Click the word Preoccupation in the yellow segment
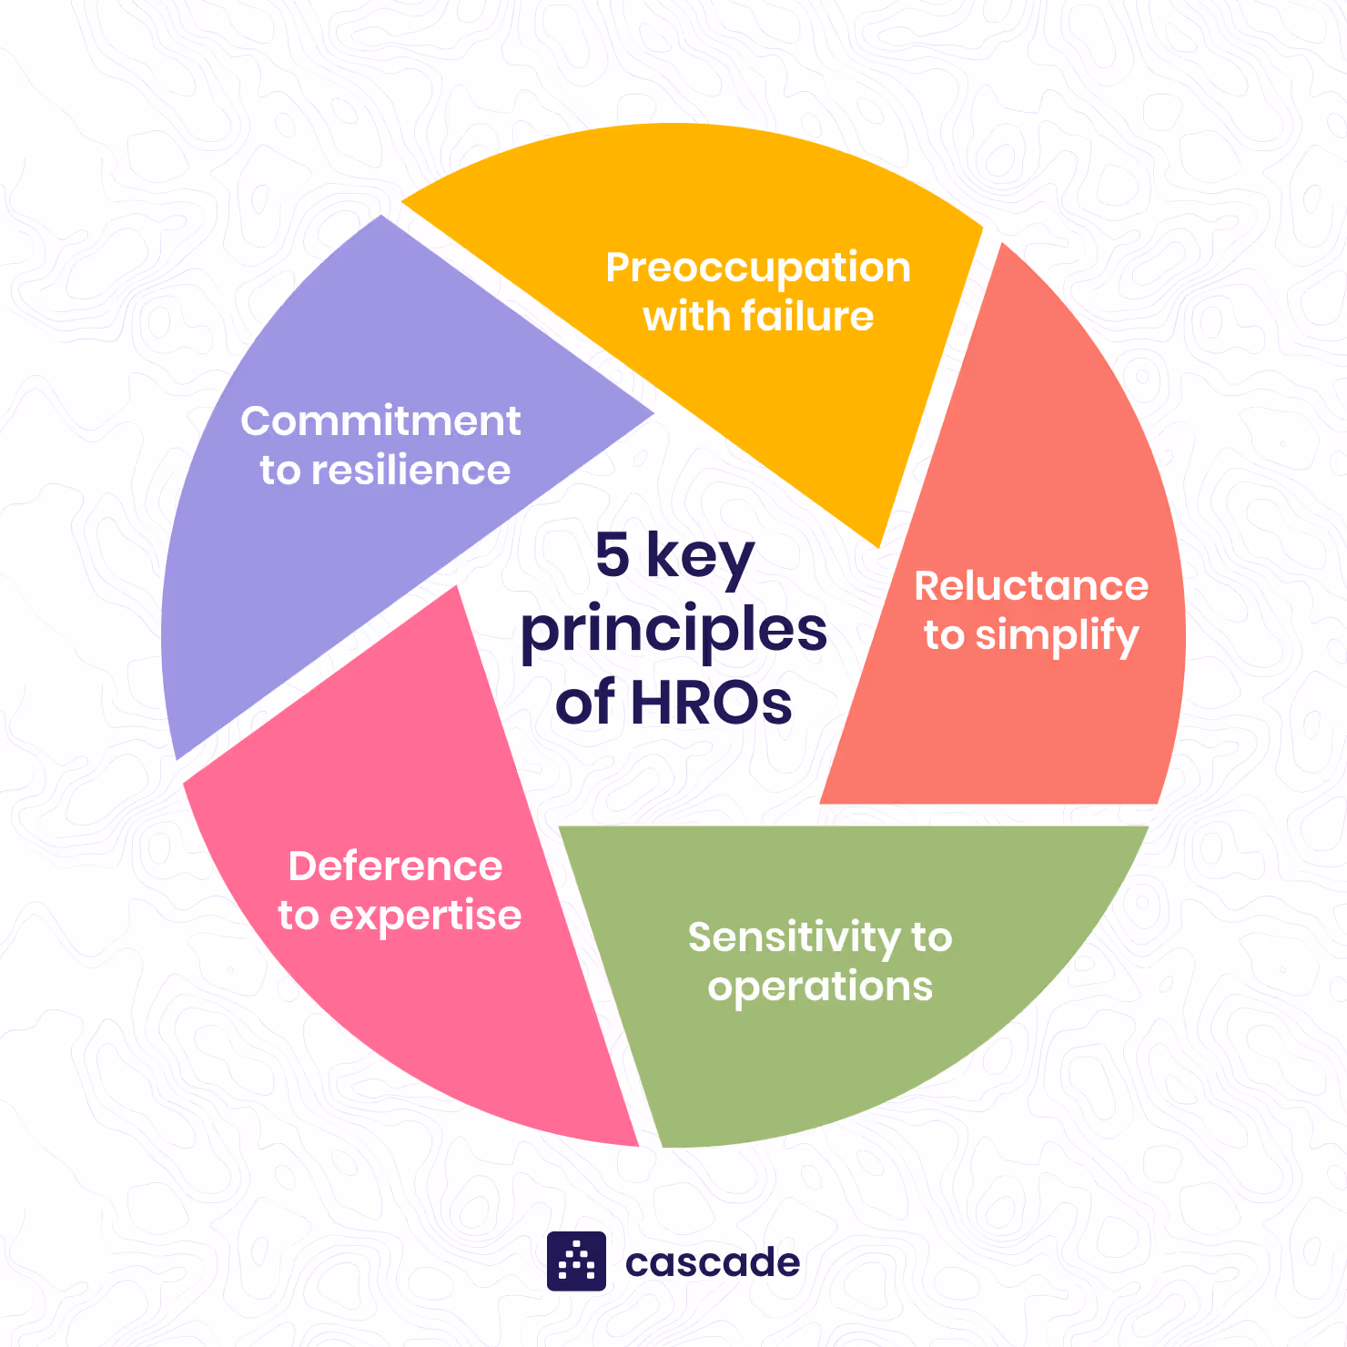757,268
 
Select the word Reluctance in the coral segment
1031,586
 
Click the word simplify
1057,636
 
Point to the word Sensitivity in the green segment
781,938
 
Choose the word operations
820,987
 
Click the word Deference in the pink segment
395,866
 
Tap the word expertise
425,917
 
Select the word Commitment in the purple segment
380,421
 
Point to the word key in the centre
700,557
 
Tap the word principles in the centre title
673,631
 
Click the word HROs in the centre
711,703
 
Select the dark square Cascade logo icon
576,1261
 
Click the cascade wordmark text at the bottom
713,1262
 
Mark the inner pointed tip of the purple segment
650,414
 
